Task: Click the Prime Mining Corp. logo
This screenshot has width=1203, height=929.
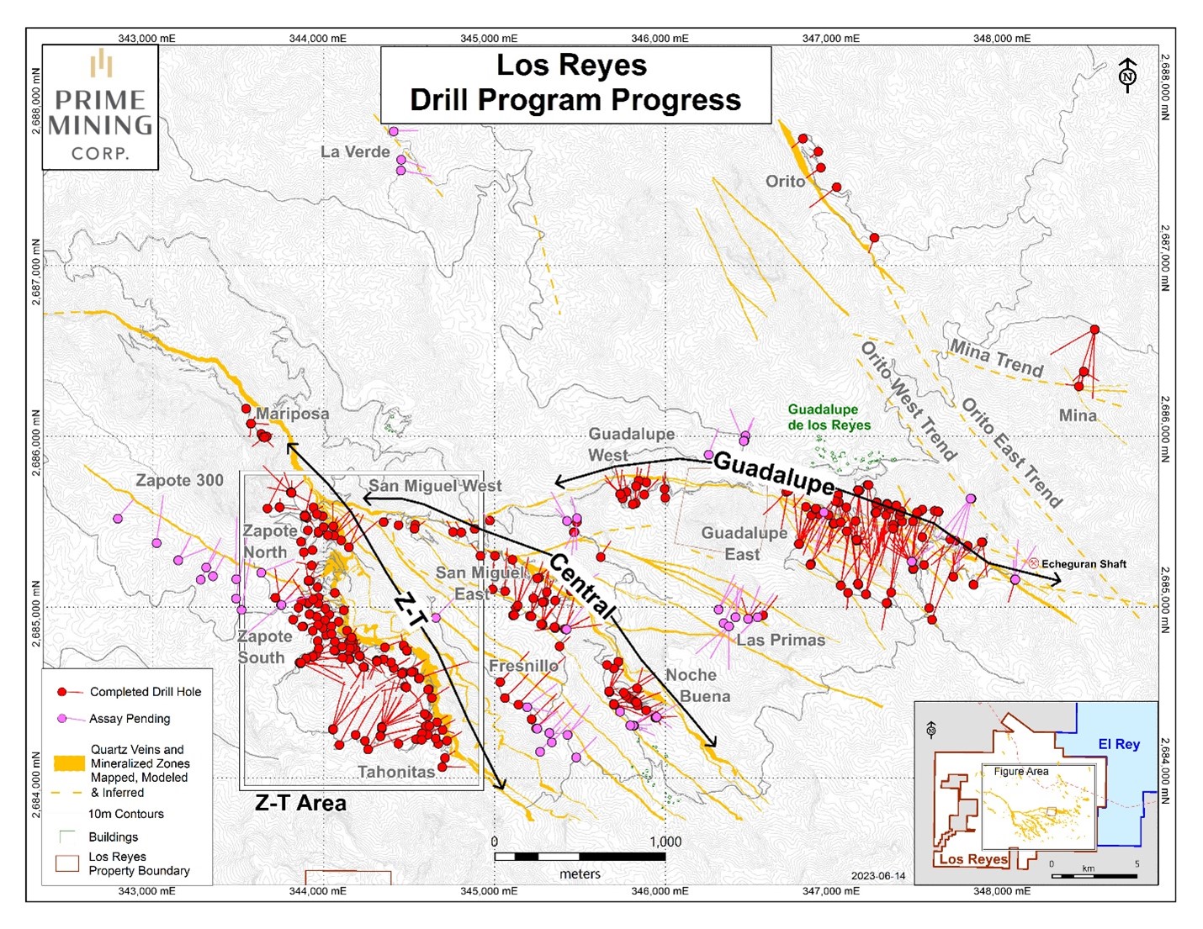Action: (x=100, y=107)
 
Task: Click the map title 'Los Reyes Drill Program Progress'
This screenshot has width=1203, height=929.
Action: (x=575, y=82)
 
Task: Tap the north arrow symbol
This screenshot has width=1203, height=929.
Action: (x=1127, y=76)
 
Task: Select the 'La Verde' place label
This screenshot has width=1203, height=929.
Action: (x=355, y=152)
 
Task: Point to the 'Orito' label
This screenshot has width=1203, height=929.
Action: (x=785, y=181)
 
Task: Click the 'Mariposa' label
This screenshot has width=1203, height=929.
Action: (x=292, y=414)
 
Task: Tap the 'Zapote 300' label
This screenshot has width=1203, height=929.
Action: (x=179, y=480)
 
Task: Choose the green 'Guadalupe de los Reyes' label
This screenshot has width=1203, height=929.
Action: (x=828, y=417)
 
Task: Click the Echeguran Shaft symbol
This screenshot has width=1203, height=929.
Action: (x=1033, y=563)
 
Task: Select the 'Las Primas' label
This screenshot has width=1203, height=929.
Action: (x=781, y=640)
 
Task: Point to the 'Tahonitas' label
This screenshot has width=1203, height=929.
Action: (x=395, y=772)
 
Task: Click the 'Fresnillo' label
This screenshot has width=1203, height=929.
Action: (x=523, y=666)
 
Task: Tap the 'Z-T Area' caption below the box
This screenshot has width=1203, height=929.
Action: (x=300, y=804)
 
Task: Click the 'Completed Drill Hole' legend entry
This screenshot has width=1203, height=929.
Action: (x=145, y=692)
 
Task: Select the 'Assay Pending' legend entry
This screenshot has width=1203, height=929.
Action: (x=130, y=719)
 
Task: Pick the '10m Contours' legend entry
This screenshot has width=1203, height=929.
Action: (x=125, y=814)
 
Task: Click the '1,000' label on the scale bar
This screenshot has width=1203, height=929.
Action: (x=665, y=842)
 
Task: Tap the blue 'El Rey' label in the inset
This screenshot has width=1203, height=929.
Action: (x=1118, y=744)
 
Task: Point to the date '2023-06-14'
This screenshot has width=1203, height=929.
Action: (x=877, y=876)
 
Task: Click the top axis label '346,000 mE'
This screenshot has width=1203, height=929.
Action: (x=660, y=39)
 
